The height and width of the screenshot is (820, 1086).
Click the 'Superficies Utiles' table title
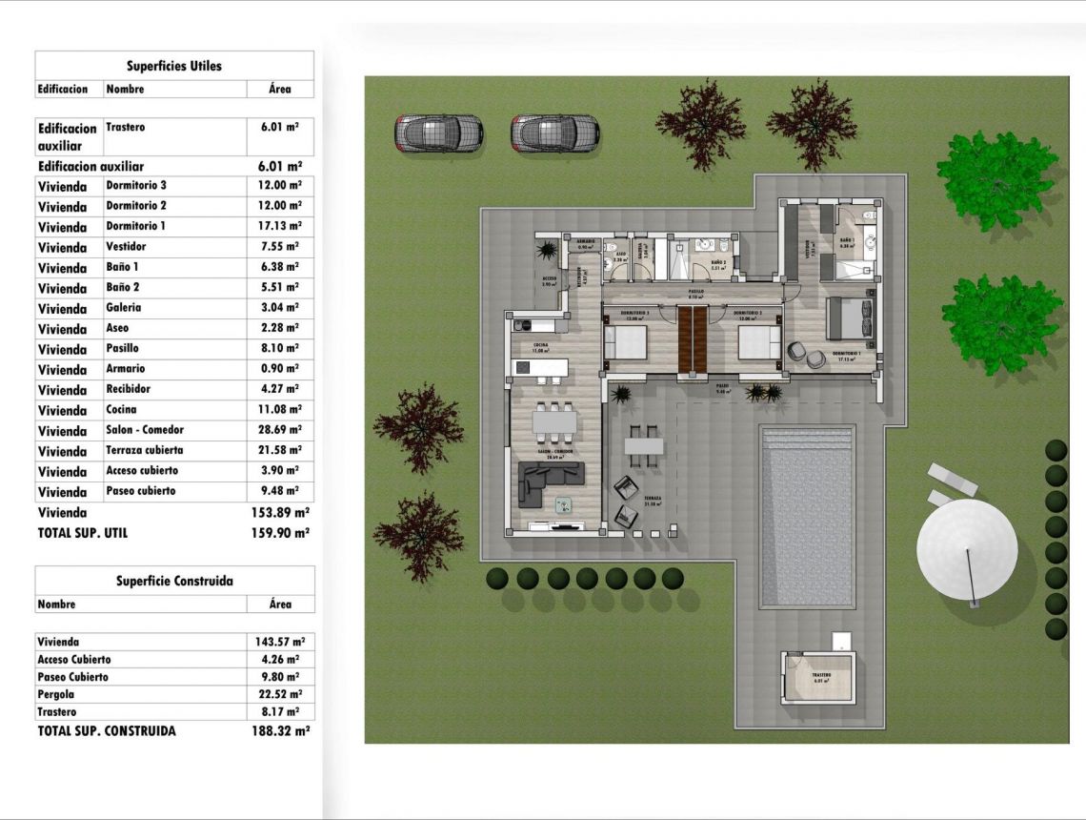[174, 66]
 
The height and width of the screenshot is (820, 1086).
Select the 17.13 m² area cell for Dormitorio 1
[280, 226]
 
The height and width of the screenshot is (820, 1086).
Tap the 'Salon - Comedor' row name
[145, 430]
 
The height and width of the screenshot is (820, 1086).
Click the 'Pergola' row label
[56, 694]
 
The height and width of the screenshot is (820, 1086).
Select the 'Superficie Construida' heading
[174, 581]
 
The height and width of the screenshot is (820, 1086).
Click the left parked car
[439, 133]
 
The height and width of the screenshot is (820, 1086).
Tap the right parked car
[554, 133]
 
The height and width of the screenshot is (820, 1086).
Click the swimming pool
[807, 515]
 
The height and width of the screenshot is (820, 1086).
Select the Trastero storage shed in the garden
[818, 678]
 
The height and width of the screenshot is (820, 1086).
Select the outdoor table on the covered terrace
[644, 445]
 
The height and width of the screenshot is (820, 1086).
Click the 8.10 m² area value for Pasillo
[280, 349]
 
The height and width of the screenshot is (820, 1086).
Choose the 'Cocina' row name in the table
[122, 410]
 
